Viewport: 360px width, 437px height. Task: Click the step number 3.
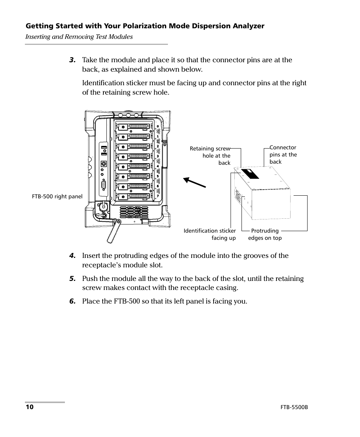tap(72, 60)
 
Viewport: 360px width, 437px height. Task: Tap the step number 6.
tap(72, 302)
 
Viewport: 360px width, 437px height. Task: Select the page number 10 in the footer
tap(29, 408)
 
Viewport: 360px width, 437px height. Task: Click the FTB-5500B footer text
tap(294, 408)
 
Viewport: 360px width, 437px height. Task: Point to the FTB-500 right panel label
tap(57, 196)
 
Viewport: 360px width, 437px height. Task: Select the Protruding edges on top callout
tap(265, 234)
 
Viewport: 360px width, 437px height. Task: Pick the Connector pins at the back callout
tap(283, 155)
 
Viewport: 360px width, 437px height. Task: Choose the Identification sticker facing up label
tap(210, 234)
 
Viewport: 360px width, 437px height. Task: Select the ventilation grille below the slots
tap(135, 212)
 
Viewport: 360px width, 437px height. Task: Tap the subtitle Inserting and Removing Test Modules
tap(79, 37)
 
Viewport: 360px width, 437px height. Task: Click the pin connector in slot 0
tap(138, 126)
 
